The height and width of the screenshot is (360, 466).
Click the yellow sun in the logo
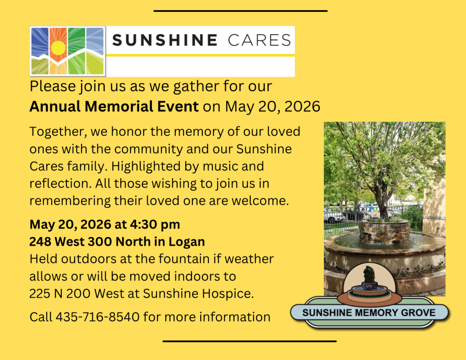tap(58, 48)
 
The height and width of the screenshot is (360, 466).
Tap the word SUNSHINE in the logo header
tap(165, 40)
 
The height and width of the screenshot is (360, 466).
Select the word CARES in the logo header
tap(259, 40)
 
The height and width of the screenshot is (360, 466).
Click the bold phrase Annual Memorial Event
tap(114, 106)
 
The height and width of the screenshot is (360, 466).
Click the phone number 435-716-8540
tap(97, 317)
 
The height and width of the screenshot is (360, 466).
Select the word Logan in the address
tap(187, 242)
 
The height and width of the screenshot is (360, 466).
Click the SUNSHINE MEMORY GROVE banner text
tap(369, 313)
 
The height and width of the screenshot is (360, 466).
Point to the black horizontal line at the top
tap(240, 11)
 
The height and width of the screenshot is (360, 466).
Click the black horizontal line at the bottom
tap(249, 341)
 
